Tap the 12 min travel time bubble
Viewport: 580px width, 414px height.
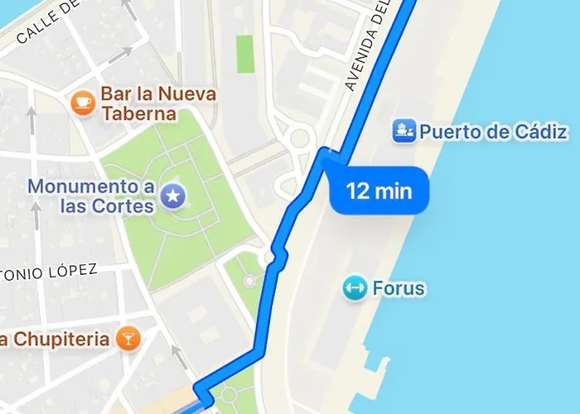pos(379,192)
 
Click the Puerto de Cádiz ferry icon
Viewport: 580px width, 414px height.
pos(404,131)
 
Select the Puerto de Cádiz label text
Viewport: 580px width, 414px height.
pos(493,131)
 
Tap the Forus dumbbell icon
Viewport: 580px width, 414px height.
pos(355,288)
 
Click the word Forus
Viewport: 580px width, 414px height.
pos(399,288)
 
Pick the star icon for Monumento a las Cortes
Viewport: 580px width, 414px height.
pos(173,195)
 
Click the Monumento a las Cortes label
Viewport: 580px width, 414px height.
pos(91,195)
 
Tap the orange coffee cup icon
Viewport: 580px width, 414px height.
pos(82,102)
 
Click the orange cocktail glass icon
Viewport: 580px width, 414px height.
pos(128,338)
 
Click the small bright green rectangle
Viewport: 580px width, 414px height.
pos(244,54)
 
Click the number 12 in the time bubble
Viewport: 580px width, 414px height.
pos(357,192)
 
